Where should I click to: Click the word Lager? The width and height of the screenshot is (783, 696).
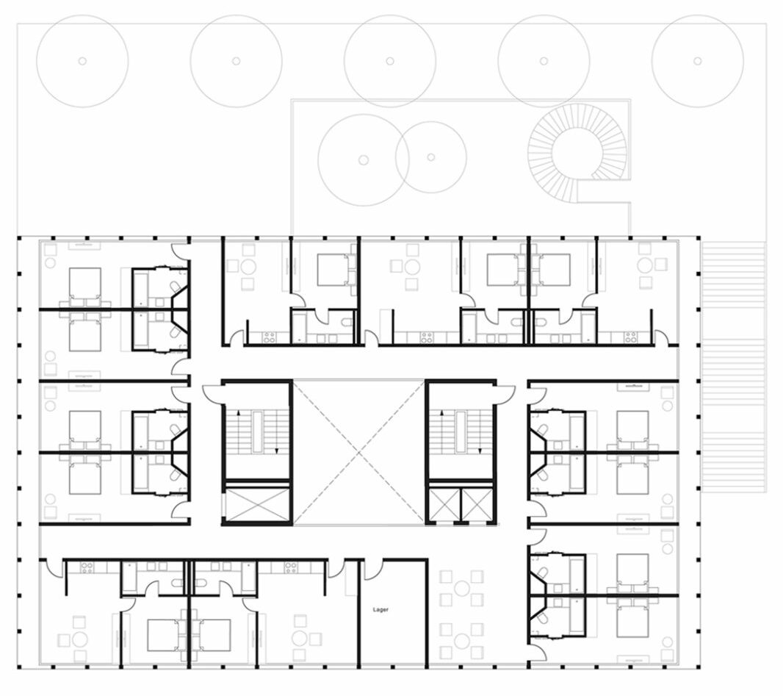(380, 609)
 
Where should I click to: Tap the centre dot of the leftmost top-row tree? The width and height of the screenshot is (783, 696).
(82, 61)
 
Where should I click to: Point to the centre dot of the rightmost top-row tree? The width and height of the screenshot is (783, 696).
(698, 61)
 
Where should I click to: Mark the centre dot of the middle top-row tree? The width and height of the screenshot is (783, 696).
(390, 61)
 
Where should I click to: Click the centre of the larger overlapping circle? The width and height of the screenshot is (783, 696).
(364, 160)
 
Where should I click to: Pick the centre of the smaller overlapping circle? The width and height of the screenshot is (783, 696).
(431, 157)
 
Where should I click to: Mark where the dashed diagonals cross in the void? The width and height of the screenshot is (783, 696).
(359, 453)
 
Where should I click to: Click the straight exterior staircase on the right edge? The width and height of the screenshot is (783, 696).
(733, 367)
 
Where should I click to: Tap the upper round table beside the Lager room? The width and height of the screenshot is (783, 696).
(463, 588)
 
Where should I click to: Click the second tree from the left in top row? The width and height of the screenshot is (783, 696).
(237, 61)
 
